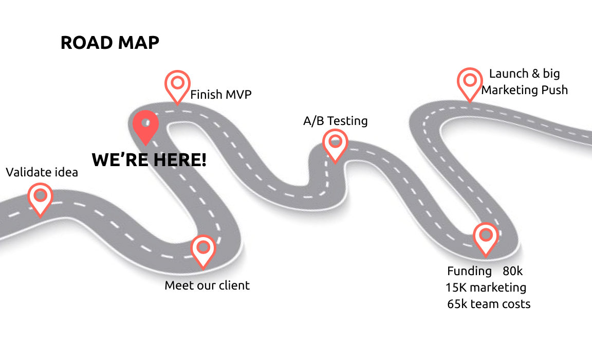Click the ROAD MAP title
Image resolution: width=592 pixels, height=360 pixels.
[109, 43]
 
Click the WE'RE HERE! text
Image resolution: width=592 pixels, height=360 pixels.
[149, 160]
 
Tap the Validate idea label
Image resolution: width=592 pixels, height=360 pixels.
[42, 172]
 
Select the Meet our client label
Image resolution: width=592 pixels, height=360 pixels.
[207, 285]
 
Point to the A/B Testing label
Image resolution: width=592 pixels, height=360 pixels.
[336, 121]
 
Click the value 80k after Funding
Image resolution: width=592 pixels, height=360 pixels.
[512, 271]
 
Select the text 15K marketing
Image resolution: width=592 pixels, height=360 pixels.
[486, 287]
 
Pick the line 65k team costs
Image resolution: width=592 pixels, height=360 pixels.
[489, 303]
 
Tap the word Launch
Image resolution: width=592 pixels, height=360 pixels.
[507, 74]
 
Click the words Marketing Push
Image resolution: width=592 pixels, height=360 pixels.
[525, 90]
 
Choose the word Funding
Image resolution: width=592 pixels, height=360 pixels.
[469, 271]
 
